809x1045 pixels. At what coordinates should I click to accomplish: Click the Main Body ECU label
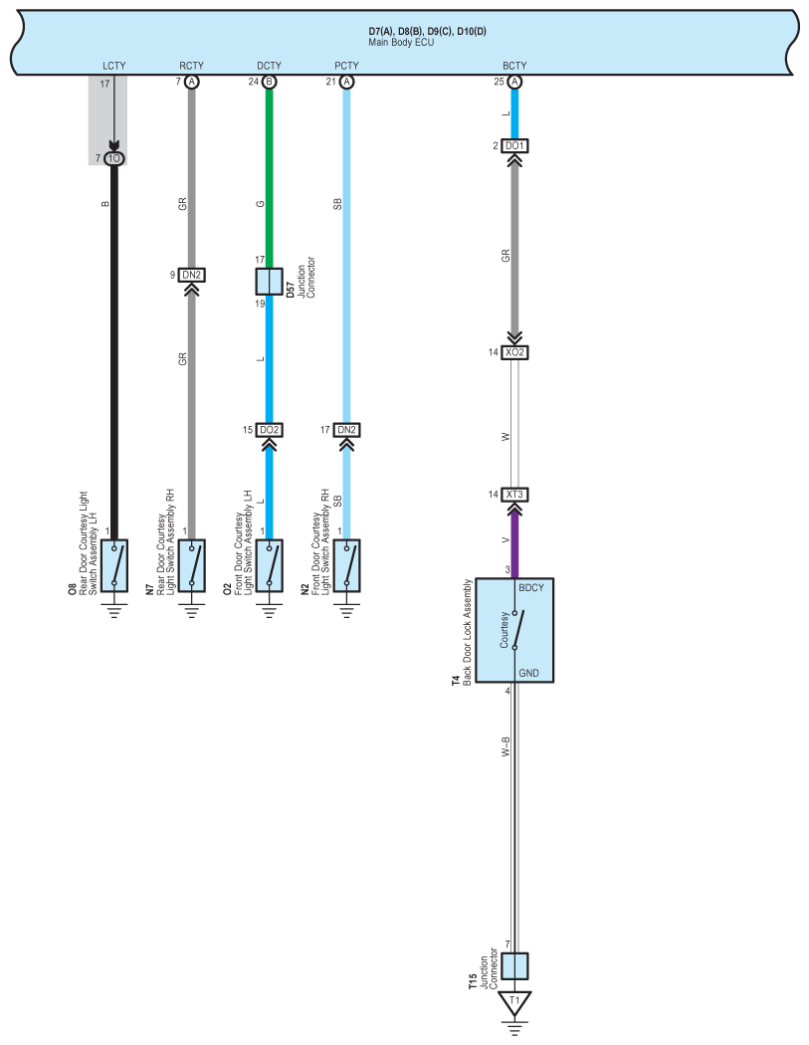[x=401, y=42]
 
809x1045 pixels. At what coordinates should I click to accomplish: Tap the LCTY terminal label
[x=114, y=66]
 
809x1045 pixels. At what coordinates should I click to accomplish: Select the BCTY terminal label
[x=514, y=66]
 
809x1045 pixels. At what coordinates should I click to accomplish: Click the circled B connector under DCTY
[x=270, y=82]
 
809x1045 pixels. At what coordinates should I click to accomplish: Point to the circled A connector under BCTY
[x=514, y=82]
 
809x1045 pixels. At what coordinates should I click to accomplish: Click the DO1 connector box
[x=514, y=146]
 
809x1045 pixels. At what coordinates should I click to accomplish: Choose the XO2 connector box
[x=514, y=352]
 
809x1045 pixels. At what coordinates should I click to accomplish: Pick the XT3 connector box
[x=514, y=495]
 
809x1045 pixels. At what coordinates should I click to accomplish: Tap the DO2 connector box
[x=270, y=430]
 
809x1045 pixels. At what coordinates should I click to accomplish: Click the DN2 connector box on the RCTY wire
[x=192, y=275]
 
